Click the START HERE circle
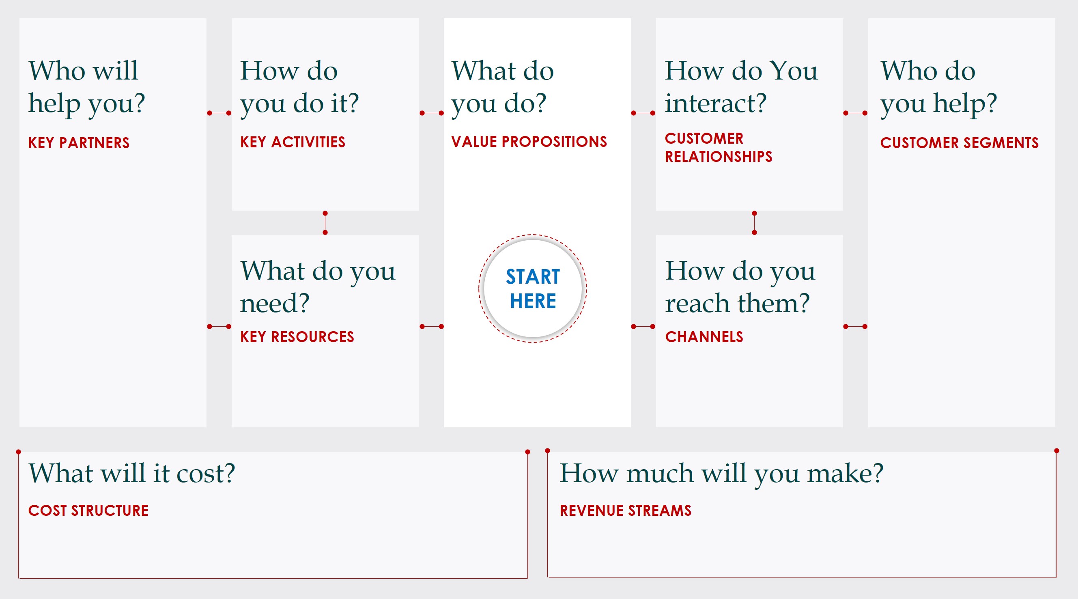click(x=532, y=289)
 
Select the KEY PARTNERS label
click(x=79, y=143)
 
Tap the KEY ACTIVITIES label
click(x=293, y=142)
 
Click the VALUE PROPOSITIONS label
click(x=529, y=142)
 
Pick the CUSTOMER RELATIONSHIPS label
click(x=718, y=147)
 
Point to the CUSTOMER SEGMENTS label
click(x=959, y=143)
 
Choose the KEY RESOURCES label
click(x=297, y=337)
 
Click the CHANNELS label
click(x=704, y=337)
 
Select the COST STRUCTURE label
click(x=88, y=511)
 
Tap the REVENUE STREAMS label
click(x=625, y=511)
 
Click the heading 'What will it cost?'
click(x=132, y=474)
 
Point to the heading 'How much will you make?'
click(x=721, y=474)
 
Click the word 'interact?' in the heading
click(x=716, y=103)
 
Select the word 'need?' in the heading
click(x=275, y=303)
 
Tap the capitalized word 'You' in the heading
click(x=794, y=70)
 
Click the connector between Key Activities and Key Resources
click(x=325, y=223)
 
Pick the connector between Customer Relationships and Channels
click(x=754, y=223)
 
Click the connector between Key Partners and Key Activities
click(x=219, y=113)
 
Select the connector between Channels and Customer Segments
click(x=855, y=327)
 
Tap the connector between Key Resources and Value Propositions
click(x=431, y=327)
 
